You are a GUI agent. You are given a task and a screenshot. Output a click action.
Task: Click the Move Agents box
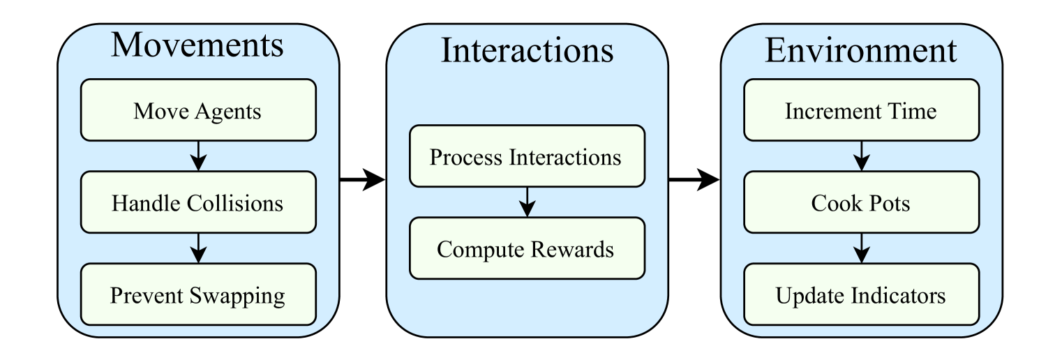pyautogui.click(x=199, y=110)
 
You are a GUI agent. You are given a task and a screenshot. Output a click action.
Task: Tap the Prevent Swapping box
pyautogui.click(x=199, y=295)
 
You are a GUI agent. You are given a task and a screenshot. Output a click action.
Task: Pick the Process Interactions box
pyautogui.click(x=526, y=157)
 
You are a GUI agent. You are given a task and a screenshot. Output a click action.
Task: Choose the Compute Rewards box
pyautogui.click(x=526, y=249)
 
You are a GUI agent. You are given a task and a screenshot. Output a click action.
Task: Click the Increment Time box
pyautogui.click(x=861, y=110)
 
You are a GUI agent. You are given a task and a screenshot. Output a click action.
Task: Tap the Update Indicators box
pyautogui.click(x=861, y=295)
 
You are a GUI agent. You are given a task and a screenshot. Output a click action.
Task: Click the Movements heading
pyautogui.click(x=199, y=46)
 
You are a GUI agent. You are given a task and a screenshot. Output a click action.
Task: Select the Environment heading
pyautogui.click(x=861, y=50)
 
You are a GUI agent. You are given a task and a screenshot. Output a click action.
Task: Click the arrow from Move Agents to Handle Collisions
pyautogui.click(x=199, y=156)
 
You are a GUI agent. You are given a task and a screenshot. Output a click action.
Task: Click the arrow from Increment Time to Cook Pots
pyautogui.click(x=861, y=156)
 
